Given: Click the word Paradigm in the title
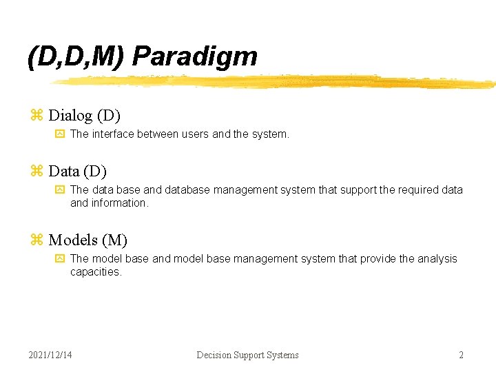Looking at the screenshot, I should tap(195, 56).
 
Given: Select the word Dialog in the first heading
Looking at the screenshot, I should tap(70, 116).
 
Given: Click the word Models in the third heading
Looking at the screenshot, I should tap(73, 240).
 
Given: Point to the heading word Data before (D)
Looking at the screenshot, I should tap(63, 171).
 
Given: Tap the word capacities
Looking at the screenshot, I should tap(95, 272).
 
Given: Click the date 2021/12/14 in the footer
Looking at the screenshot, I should tap(50, 355).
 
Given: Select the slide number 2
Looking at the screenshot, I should tap(461, 355).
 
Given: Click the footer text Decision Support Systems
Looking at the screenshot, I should tap(247, 355).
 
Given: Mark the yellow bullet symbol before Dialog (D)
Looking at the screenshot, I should tap(37, 116).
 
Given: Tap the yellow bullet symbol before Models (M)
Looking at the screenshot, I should tap(37, 240).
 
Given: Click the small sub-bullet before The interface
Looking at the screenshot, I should tap(59, 134).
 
